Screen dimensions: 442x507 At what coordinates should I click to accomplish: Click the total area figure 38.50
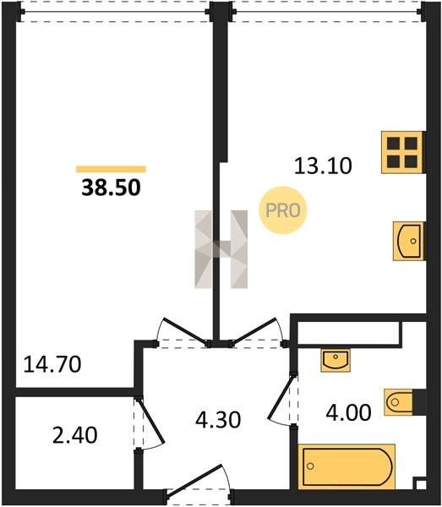coord(111,188)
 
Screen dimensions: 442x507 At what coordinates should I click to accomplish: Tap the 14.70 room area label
coord(52,364)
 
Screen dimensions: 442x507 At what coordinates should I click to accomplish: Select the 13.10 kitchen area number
coord(323,166)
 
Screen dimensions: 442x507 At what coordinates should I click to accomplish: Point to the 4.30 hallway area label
coord(218,420)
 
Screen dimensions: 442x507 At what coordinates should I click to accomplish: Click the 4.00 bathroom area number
coord(348,413)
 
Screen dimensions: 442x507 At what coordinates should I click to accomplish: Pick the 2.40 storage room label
coord(74,435)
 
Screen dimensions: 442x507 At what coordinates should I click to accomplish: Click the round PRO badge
coord(282,210)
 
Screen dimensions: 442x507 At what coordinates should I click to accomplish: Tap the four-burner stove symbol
coord(402,152)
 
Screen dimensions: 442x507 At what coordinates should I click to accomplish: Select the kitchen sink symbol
coord(409,241)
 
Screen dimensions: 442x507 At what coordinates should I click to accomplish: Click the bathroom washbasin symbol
coord(336,360)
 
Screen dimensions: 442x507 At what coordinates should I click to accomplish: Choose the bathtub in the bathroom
coord(347,466)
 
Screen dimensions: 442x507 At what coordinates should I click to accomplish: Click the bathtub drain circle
coord(310,466)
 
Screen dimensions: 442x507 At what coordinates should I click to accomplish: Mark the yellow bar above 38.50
coord(111,169)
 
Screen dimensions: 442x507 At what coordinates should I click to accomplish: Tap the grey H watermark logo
coord(221,249)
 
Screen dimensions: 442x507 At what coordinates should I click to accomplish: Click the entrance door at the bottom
coord(197,481)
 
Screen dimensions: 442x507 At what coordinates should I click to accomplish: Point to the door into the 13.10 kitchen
coord(255,330)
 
